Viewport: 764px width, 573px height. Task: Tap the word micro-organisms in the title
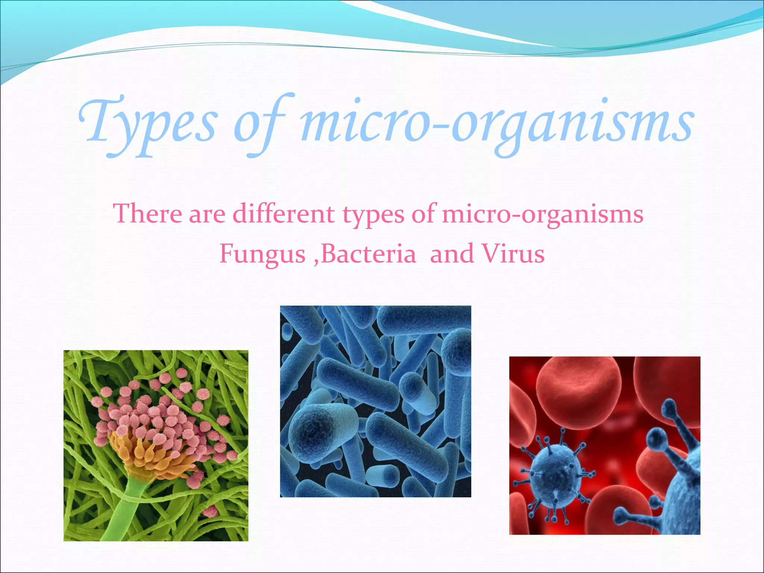pos(496,123)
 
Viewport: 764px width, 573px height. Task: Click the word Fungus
pos(262,254)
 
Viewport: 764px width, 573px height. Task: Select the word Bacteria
pos(368,254)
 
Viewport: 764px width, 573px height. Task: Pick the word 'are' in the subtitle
pos(207,214)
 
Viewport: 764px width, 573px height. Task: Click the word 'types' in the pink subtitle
pos(373,215)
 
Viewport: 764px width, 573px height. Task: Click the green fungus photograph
pos(156,445)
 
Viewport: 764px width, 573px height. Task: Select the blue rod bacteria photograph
pos(375,401)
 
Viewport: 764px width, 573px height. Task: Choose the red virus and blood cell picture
pos(604,445)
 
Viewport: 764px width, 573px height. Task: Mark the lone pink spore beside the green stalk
pos(210,511)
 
